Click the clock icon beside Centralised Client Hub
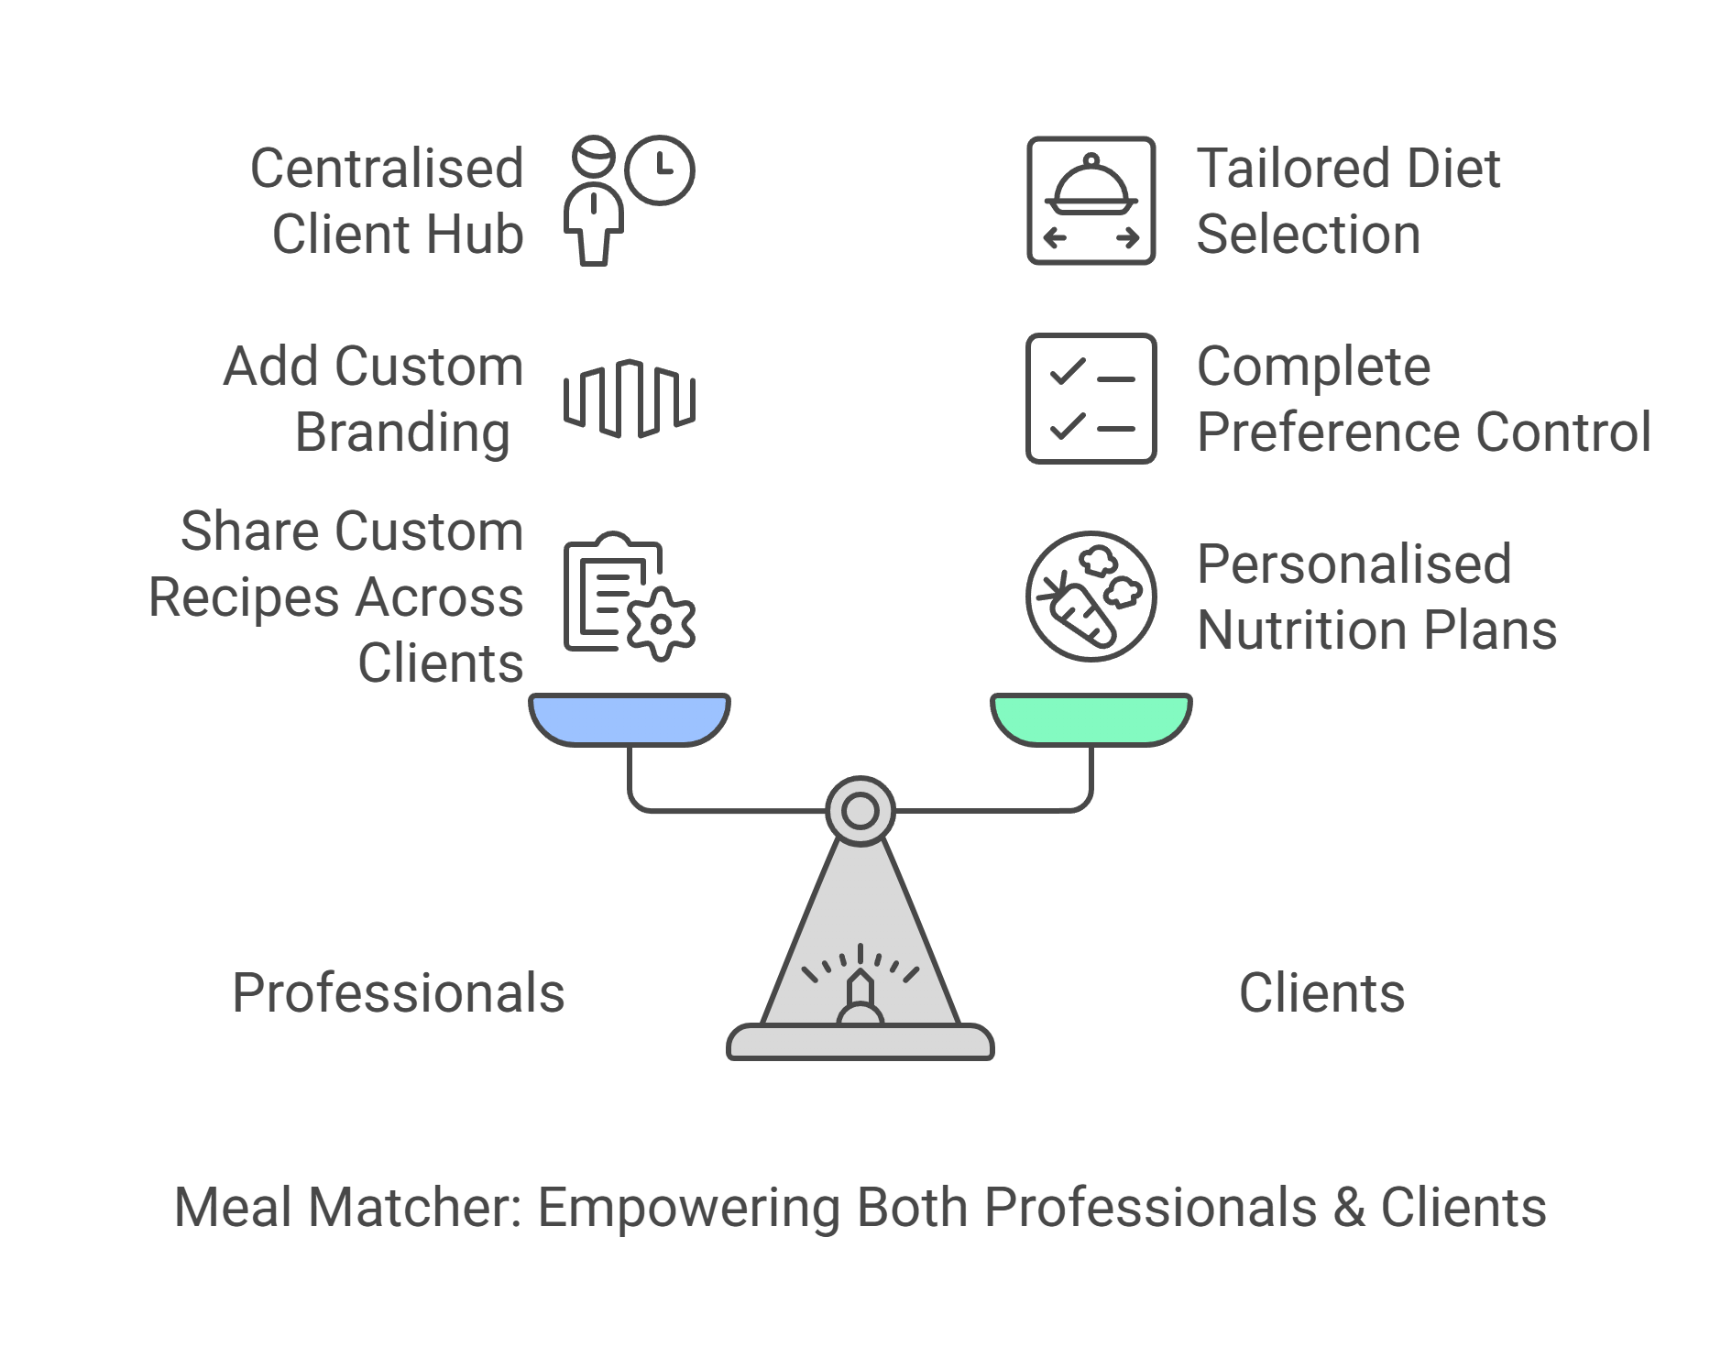[660, 170]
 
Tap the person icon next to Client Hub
[594, 206]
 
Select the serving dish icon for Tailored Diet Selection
[1091, 200]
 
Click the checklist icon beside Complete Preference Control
[1091, 399]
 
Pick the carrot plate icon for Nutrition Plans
[1091, 597]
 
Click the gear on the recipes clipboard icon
[659, 624]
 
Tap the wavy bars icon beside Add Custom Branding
[629, 399]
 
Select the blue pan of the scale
[630, 717]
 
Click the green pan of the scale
[1091, 717]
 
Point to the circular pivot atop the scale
[860, 811]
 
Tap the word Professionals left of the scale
[398, 993]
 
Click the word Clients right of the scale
[1321, 993]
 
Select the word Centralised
[387, 169]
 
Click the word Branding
[402, 433]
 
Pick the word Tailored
[1281, 169]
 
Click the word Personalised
[1354, 564]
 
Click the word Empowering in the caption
[688, 1208]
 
